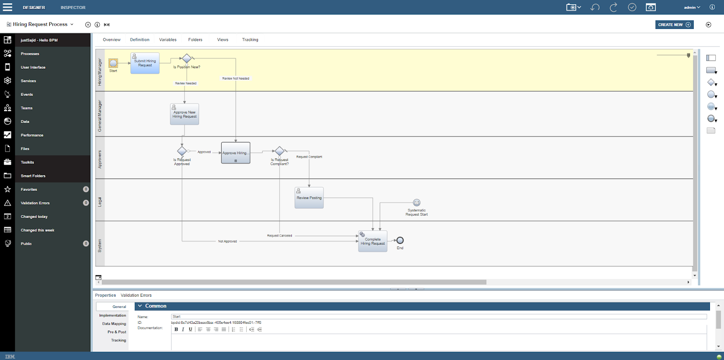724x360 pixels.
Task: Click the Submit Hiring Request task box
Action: point(145,63)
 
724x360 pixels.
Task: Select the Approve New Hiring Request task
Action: point(184,114)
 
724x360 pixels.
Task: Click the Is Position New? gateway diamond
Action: point(186,58)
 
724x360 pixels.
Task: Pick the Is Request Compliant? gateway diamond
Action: point(280,151)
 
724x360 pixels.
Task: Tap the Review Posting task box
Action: point(309,198)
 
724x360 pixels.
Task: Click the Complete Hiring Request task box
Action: point(373,242)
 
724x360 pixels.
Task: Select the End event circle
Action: point(400,241)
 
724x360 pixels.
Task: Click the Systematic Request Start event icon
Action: point(417,203)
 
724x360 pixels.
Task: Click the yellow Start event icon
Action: point(113,63)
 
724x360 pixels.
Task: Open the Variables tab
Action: point(168,40)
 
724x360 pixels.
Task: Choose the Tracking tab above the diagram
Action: point(250,40)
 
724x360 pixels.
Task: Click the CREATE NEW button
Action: point(674,24)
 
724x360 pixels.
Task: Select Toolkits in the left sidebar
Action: point(28,162)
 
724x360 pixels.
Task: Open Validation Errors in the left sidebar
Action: point(35,203)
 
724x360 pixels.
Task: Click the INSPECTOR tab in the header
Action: point(73,8)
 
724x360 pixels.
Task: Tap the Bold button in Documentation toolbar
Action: point(176,329)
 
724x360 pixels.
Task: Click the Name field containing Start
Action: point(439,317)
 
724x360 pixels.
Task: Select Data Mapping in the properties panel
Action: point(114,324)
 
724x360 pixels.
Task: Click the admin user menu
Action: point(692,7)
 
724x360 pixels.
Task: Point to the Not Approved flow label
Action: point(228,242)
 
